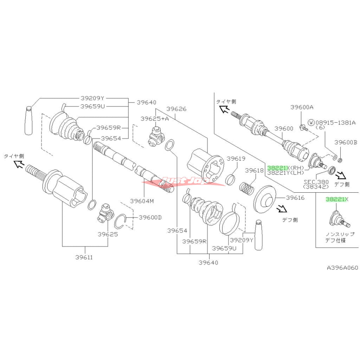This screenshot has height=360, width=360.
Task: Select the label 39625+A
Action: (154, 119)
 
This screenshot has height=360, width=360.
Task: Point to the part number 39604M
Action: (142, 201)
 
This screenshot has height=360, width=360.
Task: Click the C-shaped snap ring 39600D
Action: (124, 221)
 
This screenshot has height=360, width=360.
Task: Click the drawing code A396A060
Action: (342, 268)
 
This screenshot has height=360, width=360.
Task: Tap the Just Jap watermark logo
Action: (183, 181)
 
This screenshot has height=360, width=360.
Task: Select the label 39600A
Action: (301, 107)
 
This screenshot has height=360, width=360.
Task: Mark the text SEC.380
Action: (316, 181)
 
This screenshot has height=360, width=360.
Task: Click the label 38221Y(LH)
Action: (286, 173)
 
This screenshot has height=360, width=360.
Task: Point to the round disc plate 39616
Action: (265, 199)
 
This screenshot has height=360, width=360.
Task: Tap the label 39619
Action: (236, 159)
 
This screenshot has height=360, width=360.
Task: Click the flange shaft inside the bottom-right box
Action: (338, 220)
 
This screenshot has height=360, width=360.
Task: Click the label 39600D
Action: (150, 217)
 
